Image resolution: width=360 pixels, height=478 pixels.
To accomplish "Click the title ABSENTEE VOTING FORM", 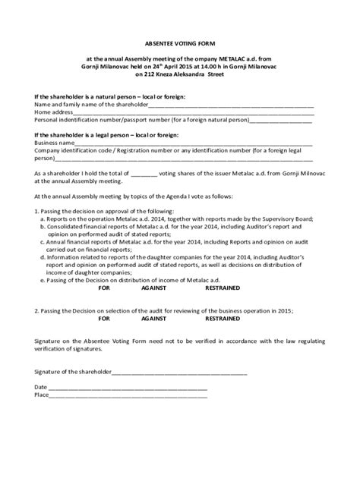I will (179, 44).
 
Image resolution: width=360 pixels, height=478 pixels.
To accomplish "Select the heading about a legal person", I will (105, 134).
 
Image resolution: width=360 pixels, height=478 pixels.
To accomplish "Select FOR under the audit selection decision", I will (104, 320).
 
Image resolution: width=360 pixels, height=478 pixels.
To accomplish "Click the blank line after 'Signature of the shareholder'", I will (180, 373).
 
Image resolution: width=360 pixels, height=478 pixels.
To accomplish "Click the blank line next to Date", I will (128, 388).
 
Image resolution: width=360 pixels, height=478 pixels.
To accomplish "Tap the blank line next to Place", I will (128, 395).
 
